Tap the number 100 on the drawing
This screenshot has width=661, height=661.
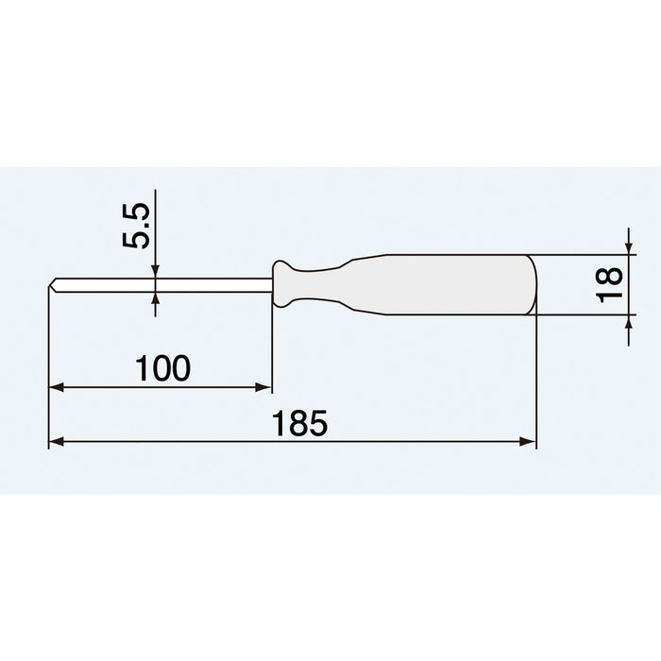(162, 367)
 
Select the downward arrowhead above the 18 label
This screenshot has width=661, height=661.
(629, 247)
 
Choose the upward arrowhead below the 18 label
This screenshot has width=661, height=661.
(629, 323)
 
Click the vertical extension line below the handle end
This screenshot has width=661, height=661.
(536, 378)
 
